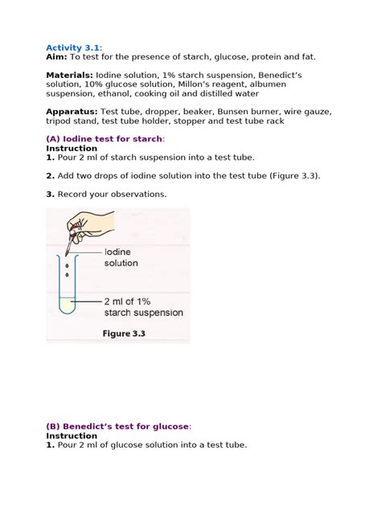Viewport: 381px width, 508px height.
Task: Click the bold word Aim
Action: coord(56,57)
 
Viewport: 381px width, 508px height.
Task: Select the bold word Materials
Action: coord(72,75)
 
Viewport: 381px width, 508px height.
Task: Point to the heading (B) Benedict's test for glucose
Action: coord(118,426)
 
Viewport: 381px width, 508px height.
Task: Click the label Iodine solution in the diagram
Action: coord(120,257)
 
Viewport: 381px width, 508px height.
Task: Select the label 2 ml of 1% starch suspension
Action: coord(143,307)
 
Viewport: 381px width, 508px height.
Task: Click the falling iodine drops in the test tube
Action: coord(67,269)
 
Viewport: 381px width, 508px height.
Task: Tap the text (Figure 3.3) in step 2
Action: coord(289,175)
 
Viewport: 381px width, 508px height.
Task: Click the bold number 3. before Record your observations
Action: coord(50,194)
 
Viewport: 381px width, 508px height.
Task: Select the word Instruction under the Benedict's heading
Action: coord(72,436)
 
